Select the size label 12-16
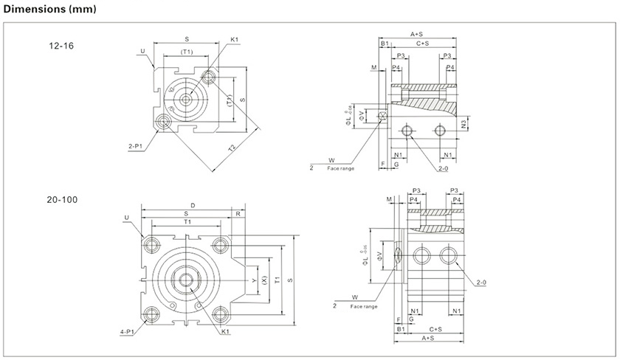point(61,46)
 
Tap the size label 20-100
point(64,199)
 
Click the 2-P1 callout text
point(134,146)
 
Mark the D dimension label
point(193,206)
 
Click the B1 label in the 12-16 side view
point(385,44)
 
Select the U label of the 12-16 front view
point(141,51)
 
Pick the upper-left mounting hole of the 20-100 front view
point(154,244)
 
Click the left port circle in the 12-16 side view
point(406,131)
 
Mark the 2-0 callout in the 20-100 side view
point(481,283)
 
